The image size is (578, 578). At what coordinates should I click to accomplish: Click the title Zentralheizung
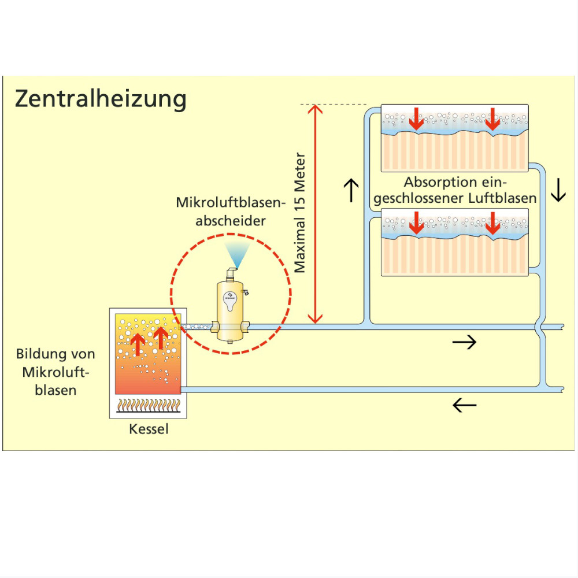pyautogui.click(x=101, y=99)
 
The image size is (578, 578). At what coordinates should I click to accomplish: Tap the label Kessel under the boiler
pyautogui.click(x=149, y=429)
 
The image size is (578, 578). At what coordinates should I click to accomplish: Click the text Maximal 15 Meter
pyautogui.click(x=299, y=213)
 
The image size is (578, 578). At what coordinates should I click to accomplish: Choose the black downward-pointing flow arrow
pyautogui.click(x=558, y=190)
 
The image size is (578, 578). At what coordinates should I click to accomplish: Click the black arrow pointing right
pyautogui.click(x=464, y=342)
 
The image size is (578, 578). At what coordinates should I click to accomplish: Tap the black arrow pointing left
pyautogui.click(x=464, y=405)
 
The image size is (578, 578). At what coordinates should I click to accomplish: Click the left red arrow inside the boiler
pyautogui.click(x=137, y=344)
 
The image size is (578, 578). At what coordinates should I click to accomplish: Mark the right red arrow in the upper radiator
pyautogui.click(x=492, y=120)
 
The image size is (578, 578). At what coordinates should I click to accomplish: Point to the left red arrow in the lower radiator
pyautogui.click(x=416, y=224)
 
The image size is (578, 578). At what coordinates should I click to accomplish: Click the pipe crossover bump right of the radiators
pyautogui.click(x=539, y=327)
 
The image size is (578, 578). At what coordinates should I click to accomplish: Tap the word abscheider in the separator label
pyautogui.click(x=231, y=221)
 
